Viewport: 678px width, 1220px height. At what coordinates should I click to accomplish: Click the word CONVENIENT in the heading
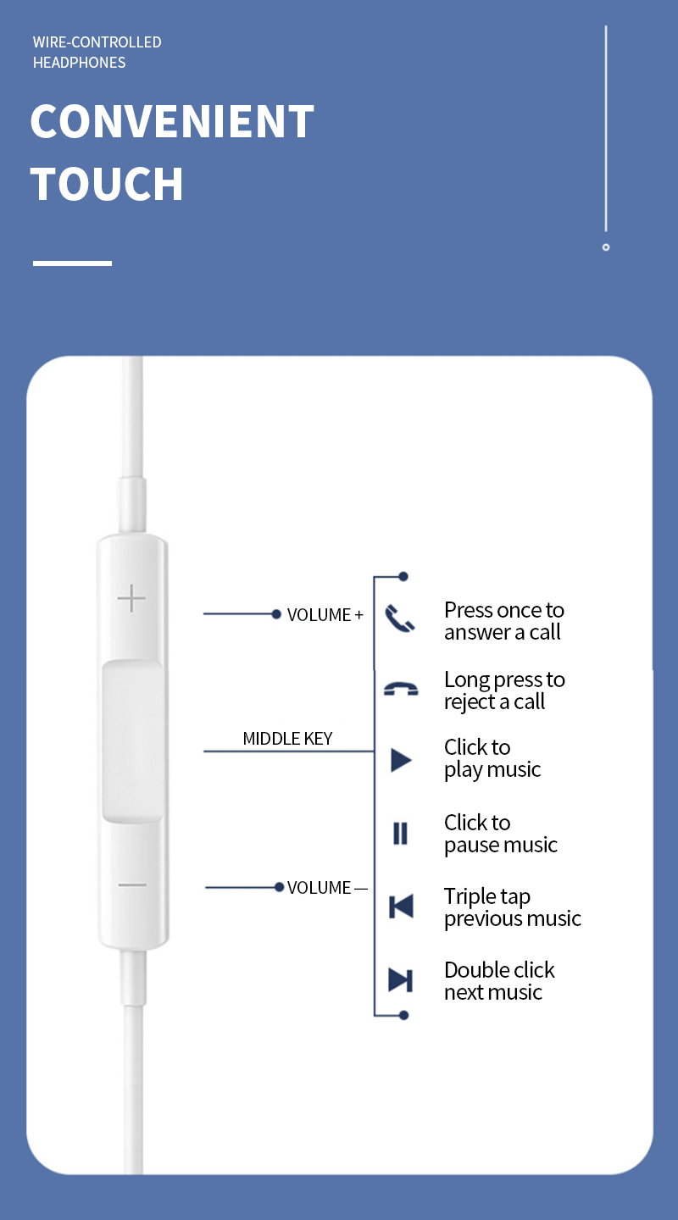point(172,121)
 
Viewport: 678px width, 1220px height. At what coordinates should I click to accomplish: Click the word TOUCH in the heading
point(107,184)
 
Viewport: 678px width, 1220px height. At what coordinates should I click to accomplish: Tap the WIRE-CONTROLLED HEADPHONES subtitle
point(97,53)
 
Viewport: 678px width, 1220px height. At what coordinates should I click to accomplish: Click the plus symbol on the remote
point(131,598)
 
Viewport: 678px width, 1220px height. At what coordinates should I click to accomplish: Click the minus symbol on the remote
point(132,884)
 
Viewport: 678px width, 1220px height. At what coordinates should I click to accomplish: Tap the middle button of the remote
point(132,741)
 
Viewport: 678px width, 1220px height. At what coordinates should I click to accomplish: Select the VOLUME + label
point(325,615)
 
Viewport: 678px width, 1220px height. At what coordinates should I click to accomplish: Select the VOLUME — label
point(327,888)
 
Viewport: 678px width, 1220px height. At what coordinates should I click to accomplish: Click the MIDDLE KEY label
point(287,739)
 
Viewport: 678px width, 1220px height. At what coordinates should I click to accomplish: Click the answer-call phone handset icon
point(400,618)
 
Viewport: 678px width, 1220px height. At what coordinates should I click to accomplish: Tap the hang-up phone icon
point(401,689)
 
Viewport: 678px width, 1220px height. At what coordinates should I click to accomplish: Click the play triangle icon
point(401,760)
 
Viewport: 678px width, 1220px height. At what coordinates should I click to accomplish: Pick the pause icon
point(401,834)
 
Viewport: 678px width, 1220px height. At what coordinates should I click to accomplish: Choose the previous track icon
point(401,907)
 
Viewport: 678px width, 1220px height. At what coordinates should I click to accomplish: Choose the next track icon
point(401,979)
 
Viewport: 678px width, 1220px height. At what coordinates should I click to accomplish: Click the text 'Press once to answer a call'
point(504,621)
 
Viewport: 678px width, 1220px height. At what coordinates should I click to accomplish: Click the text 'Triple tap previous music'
point(513,907)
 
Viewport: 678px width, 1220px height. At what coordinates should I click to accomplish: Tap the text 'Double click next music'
point(499,981)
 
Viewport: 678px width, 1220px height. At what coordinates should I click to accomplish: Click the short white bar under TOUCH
point(73,263)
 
